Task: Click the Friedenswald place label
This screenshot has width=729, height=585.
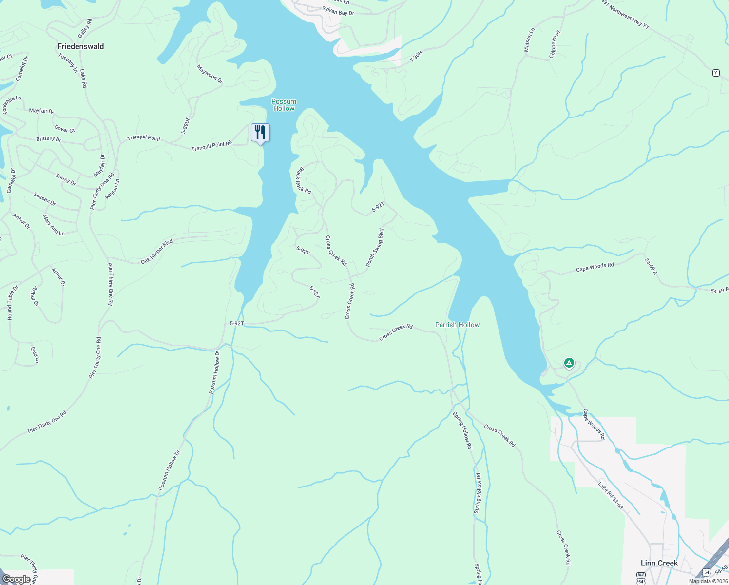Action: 80,46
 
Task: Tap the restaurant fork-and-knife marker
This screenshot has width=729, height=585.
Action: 260,133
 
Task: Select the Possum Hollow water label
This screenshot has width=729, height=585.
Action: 284,105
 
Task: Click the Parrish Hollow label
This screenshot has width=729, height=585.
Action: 457,325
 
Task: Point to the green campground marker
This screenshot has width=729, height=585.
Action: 569,363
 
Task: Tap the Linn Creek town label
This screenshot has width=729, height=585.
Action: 659,563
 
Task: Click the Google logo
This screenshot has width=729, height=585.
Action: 17,579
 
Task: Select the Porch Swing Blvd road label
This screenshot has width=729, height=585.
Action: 375,247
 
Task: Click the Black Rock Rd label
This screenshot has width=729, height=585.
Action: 304,181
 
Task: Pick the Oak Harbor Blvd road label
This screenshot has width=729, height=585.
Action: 157,252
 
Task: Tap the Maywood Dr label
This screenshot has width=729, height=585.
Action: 210,74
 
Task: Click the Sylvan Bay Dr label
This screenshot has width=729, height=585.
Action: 338,11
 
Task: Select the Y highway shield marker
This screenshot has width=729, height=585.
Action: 715,73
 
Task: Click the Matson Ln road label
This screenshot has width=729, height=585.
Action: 529,40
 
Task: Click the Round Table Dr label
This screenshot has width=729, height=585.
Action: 12,303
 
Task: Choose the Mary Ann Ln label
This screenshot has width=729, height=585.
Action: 54,225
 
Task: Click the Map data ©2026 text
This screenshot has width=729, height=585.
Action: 708,581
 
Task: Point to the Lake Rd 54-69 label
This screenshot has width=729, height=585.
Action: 611,495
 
